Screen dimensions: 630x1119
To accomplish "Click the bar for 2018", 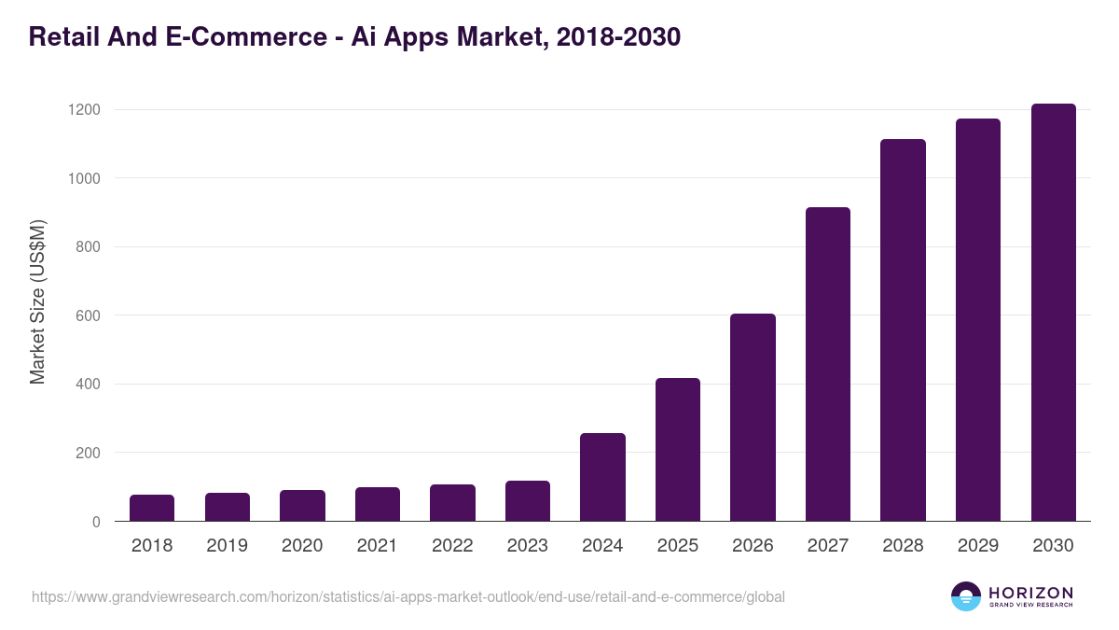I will (x=152, y=508).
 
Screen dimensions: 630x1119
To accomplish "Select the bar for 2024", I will (x=602, y=477).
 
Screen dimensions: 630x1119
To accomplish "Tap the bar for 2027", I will (x=828, y=364).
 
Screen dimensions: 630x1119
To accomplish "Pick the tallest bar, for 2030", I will (x=1053, y=313).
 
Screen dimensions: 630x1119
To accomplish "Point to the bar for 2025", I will (x=678, y=450).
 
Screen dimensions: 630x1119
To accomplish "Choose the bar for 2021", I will (x=378, y=504).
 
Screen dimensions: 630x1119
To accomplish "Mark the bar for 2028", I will (x=903, y=330).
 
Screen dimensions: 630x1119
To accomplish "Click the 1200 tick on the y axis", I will (x=83, y=110).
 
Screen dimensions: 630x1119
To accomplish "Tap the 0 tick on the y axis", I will (x=95, y=522).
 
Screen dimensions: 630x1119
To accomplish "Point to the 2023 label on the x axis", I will (x=528, y=546).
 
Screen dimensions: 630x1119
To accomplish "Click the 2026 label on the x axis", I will (x=753, y=546).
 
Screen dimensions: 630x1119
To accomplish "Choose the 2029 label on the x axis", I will (x=978, y=546).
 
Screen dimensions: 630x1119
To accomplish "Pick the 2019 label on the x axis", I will (x=228, y=546).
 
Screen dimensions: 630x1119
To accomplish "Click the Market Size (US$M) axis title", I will (x=37, y=302).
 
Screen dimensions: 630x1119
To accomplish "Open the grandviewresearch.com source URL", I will (x=408, y=596).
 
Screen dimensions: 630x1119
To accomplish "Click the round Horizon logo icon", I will (x=966, y=596).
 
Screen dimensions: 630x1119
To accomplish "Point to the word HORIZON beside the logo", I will (x=1030, y=593).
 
